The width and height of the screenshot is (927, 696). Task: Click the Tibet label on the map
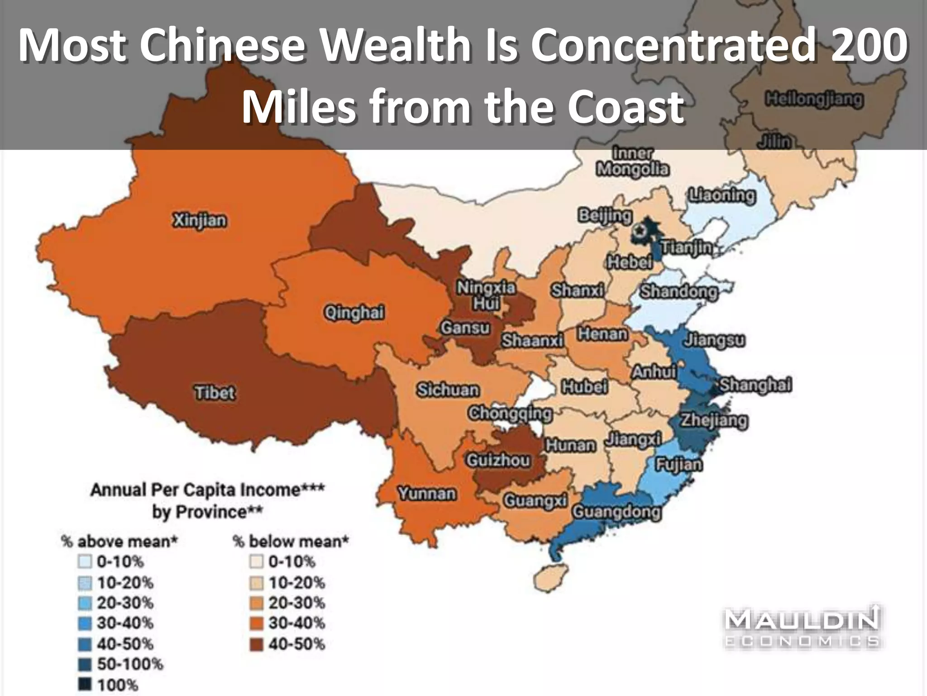point(215,392)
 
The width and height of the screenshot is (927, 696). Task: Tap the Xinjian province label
point(199,221)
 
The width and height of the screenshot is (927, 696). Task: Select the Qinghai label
point(354,313)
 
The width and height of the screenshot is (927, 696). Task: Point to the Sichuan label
point(448,390)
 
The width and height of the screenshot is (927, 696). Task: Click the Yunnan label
point(427,493)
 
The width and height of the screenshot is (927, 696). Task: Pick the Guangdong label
point(616,512)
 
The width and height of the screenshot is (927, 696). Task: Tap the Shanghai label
point(755,385)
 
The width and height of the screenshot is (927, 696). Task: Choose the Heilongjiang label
point(814,99)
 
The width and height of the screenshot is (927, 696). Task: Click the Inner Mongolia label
point(633,161)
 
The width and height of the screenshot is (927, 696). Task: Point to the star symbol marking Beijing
point(639,231)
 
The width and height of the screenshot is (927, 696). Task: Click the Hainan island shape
point(551,577)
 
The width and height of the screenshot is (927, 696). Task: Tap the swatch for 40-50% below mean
point(257,644)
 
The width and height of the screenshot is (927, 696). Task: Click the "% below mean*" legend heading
point(291,541)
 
